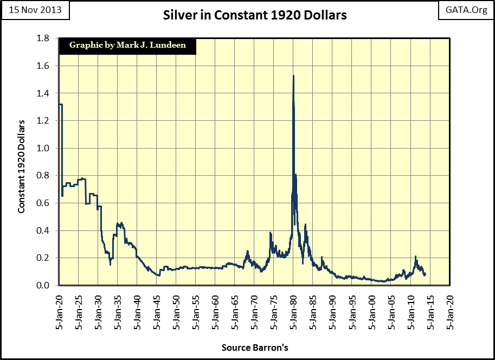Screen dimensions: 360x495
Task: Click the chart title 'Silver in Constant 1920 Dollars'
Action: [255, 15]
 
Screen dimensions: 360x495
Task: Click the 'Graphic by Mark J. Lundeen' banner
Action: [127, 46]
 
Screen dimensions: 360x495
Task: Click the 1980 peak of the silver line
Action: [293, 76]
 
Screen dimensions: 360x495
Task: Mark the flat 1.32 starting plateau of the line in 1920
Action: [60, 104]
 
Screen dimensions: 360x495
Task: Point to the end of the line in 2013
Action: [426, 274]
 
